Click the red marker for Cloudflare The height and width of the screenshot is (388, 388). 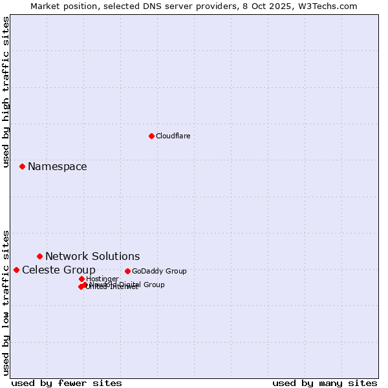[151, 136]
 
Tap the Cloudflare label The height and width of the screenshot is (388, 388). [173, 136]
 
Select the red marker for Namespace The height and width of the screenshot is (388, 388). [22, 166]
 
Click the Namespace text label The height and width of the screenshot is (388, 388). [57, 167]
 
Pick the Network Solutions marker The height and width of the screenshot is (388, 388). [39, 256]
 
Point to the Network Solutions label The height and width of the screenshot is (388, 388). [92, 257]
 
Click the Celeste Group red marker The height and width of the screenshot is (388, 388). [16, 270]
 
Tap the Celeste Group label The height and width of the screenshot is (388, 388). [59, 270]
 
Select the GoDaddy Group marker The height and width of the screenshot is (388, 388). [127, 271]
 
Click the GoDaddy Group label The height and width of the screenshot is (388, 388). [159, 272]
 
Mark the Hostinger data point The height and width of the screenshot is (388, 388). [81, 279]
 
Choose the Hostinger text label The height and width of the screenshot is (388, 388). [102, 279]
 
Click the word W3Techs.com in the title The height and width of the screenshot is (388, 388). [330, 6]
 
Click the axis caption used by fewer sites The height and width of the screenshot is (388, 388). [67, 383]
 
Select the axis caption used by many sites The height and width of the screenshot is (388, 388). [325, 383]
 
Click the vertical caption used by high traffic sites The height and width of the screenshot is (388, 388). [6, 92]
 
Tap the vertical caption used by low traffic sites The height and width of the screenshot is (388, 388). [6, 303]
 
